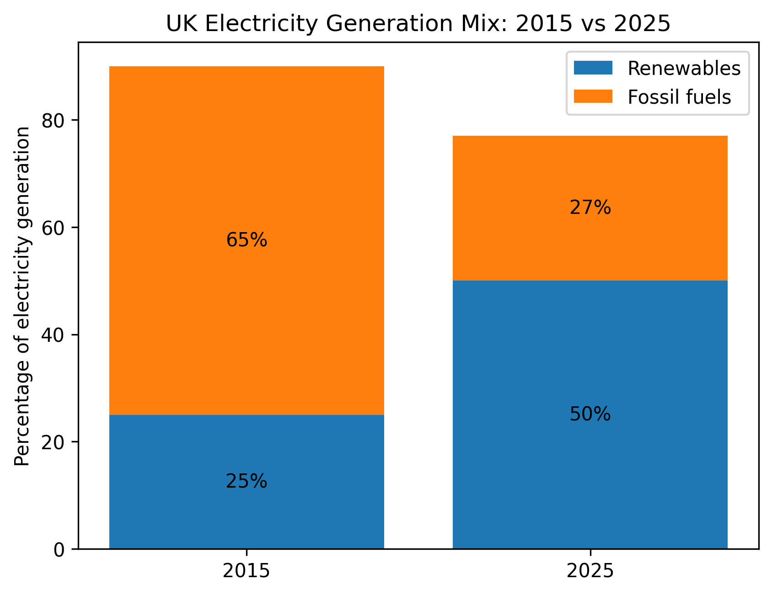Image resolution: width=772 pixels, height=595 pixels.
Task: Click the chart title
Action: coord(418,24)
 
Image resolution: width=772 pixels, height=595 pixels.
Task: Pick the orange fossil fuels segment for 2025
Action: coord(590,174)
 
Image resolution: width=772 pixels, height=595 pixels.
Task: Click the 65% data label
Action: coord(247,240)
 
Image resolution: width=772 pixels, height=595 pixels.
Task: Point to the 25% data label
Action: coord(247,482)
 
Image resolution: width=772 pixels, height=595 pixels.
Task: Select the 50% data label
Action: coord(590,414)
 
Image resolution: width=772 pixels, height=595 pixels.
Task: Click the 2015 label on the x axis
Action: coord(247,571)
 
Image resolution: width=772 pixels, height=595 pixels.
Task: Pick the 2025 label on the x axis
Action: coord(590,571)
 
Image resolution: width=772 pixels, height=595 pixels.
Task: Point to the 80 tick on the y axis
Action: coord(54,121)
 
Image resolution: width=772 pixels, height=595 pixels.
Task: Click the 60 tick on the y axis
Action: coord(54,228)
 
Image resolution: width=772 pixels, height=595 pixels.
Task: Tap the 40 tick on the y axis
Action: coord(54,335)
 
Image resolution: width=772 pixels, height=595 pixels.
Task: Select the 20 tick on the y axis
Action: coord(54,442)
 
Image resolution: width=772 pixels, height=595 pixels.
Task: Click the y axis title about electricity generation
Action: coord(22,296)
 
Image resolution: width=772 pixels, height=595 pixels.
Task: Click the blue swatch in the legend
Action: coord(593,68)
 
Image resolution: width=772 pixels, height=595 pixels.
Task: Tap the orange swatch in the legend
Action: coord(593,96)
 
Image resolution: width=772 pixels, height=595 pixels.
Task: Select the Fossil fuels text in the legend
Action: coord(679,97)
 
